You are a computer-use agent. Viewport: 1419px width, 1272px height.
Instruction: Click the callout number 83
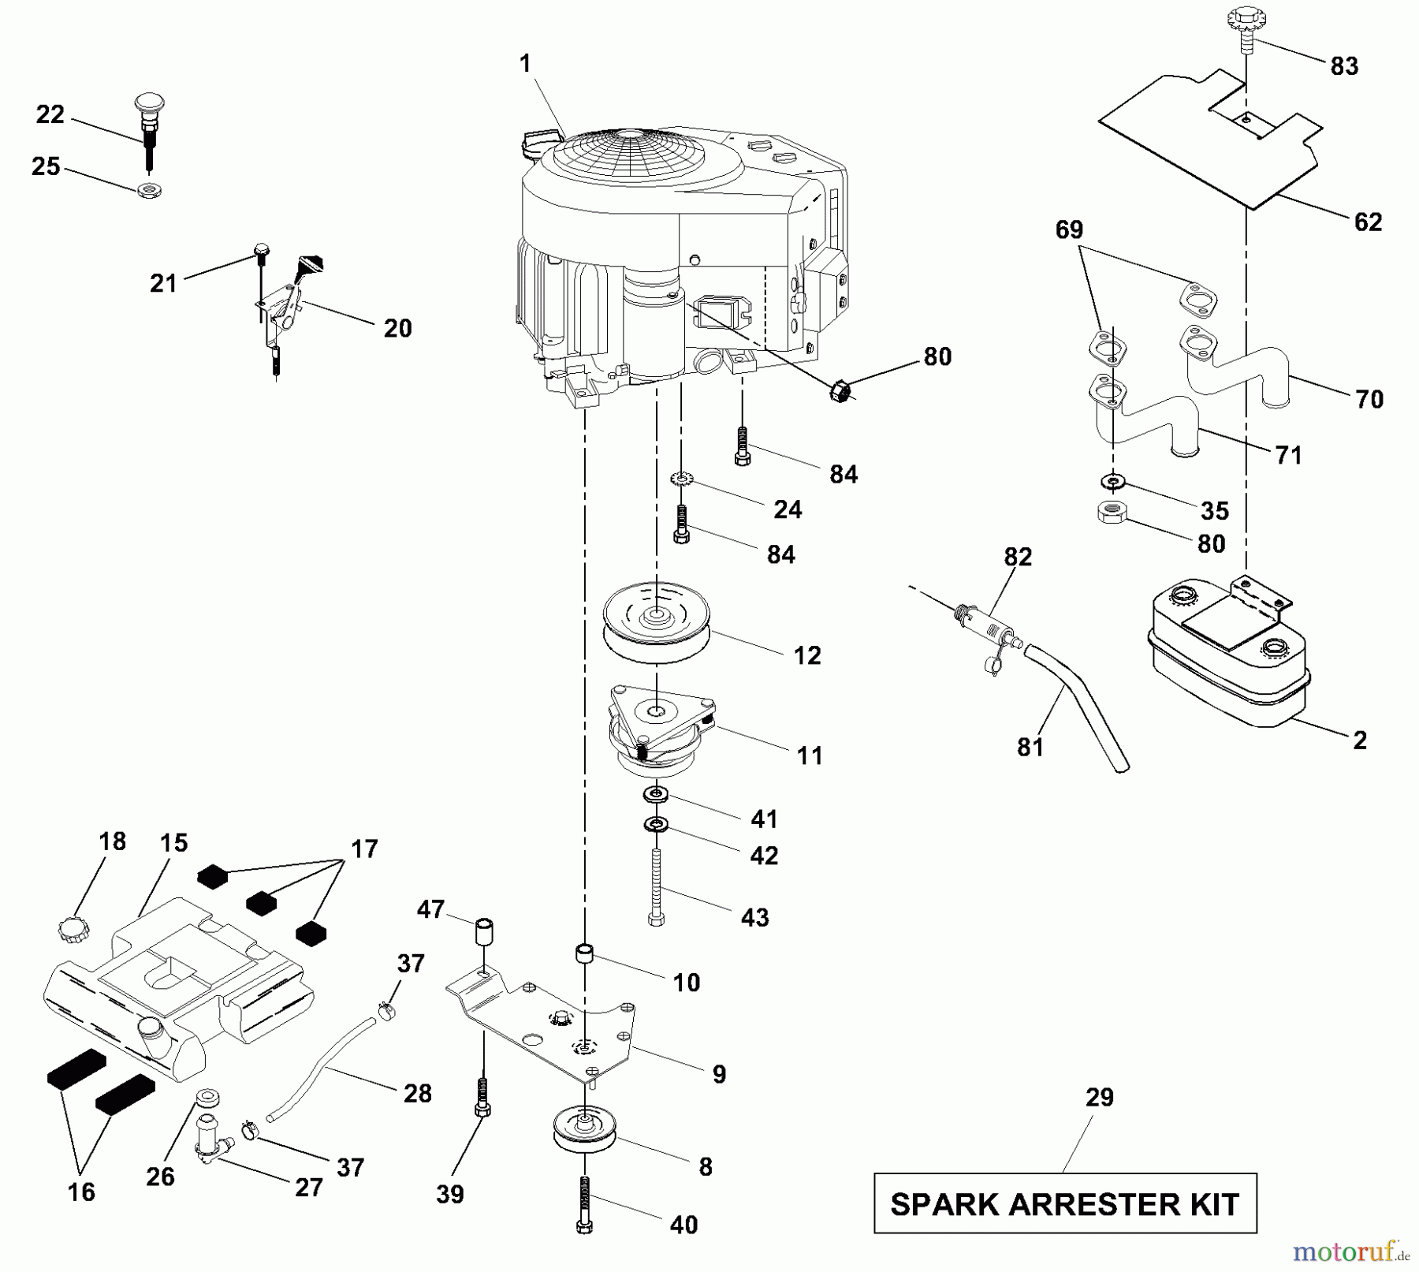1344,66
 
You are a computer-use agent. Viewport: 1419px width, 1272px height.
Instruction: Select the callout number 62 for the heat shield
1368,222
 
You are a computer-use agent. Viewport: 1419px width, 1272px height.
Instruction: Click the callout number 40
683,1225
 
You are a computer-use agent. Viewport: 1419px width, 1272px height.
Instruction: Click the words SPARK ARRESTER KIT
1065,1204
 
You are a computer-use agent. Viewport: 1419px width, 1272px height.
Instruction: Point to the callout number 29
1099,1097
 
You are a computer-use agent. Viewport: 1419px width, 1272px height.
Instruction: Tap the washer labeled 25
148,189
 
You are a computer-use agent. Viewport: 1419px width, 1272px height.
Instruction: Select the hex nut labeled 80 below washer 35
1111,513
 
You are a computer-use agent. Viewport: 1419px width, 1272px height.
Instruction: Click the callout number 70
1369,400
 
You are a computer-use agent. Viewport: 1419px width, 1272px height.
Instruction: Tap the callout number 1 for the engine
526,64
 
